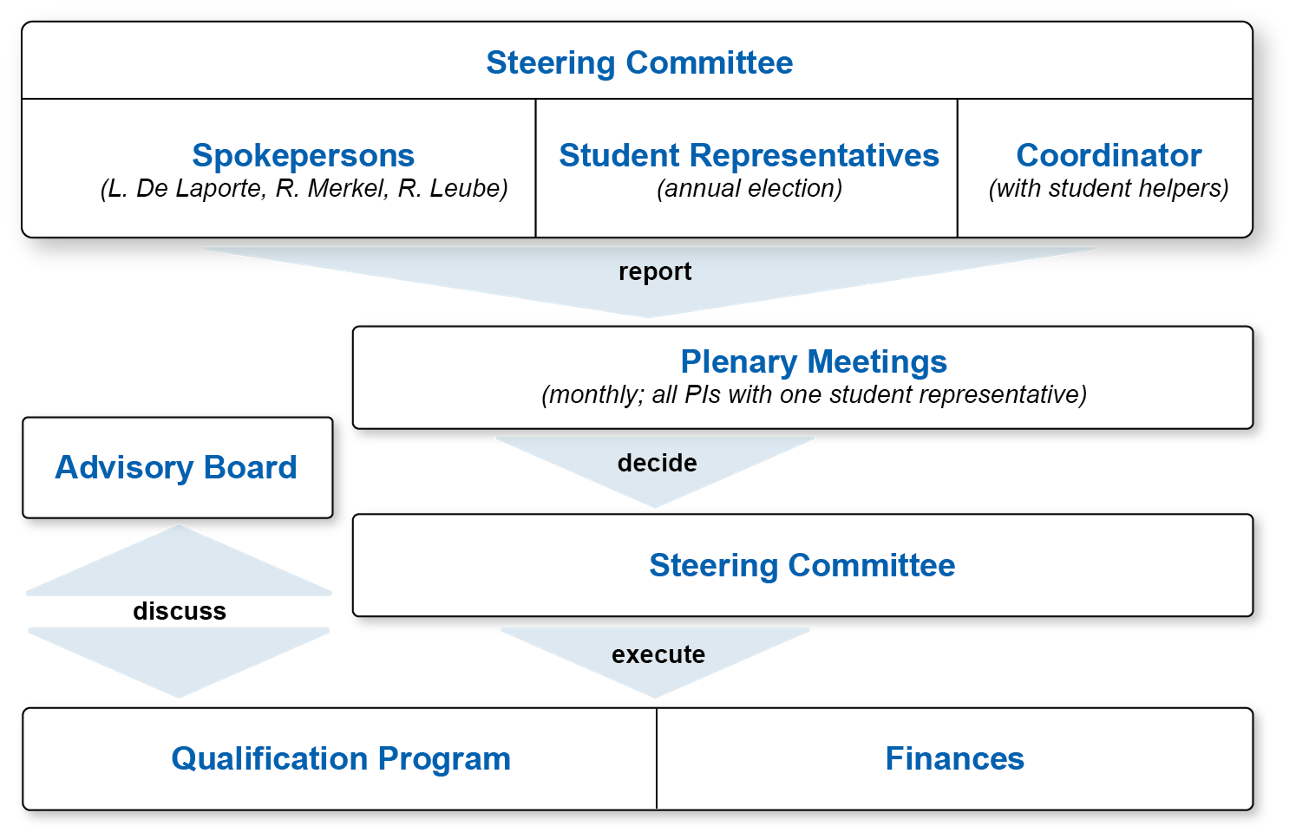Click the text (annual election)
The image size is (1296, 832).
click(749, 189)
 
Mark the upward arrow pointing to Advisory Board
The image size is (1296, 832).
click(178, 565)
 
